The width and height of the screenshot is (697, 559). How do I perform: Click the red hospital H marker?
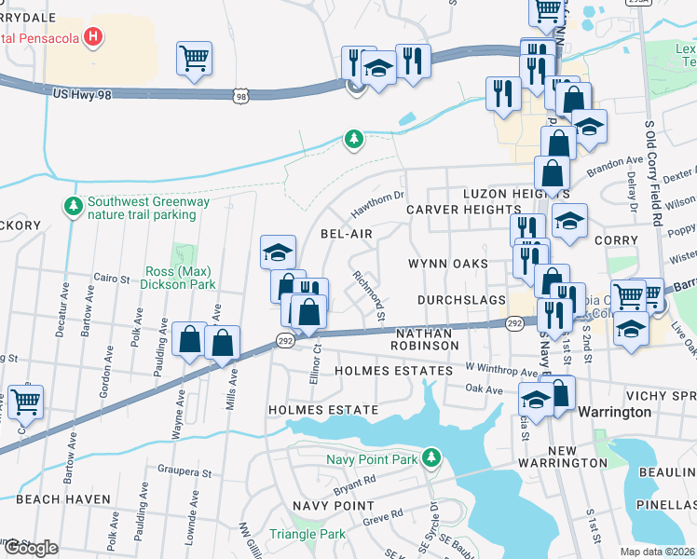coord(92,37)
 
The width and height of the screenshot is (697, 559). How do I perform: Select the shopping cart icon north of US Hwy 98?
coord(194,59)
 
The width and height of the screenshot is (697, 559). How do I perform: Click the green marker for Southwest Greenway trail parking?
coord(73,205)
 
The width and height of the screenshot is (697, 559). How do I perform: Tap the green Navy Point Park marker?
coord(430,457)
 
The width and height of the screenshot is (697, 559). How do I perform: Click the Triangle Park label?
coord(307,534)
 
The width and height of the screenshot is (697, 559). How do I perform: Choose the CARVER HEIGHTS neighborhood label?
coord(463,210)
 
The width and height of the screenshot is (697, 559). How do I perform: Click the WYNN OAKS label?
coord(448,264)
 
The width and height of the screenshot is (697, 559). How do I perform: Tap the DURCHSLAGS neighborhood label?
coord(462,300)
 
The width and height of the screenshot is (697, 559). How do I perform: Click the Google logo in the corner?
coord(31,547)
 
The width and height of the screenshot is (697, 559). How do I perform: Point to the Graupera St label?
coord(186,470)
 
